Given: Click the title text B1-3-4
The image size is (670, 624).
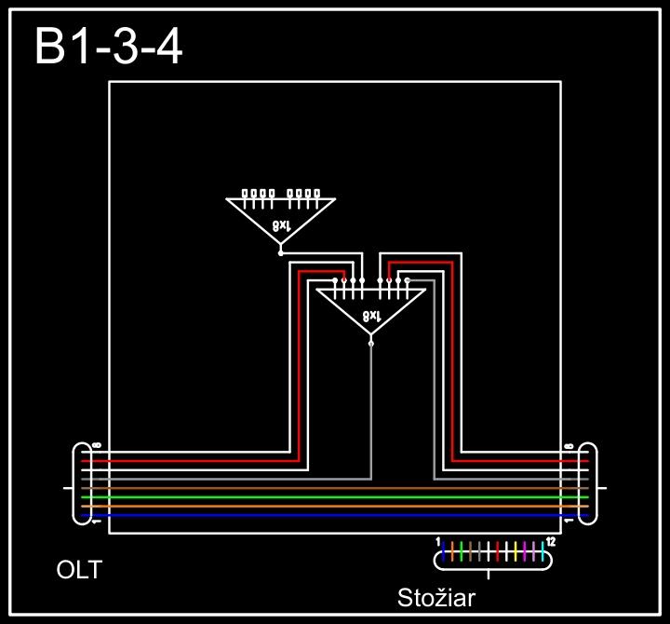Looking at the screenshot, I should [108, 47].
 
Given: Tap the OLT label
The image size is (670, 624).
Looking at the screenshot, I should [79, 569].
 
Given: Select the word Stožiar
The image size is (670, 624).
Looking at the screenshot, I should [436, 597].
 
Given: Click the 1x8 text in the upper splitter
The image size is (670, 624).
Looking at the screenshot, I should [281, 224].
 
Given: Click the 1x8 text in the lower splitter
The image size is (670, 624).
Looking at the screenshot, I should [371, 317].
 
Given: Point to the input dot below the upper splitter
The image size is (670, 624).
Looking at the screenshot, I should [281, 251].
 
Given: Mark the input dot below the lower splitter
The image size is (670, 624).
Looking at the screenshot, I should [371, 344].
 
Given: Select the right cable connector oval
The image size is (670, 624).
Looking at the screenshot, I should [587, 484].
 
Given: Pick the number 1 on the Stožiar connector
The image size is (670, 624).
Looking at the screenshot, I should [438, 541].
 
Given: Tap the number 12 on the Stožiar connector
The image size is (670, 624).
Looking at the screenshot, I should [551, 541].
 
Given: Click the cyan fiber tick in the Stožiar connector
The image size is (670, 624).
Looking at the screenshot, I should [542, 550].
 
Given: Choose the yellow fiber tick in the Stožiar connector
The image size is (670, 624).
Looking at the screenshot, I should [515, 550].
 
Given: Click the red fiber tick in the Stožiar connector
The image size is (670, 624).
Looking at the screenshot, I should [497, 550].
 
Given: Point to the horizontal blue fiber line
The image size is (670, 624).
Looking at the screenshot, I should [335, 514].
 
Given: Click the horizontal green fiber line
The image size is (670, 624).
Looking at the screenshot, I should [335, 496].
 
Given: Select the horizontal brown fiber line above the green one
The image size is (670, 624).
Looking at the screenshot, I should [335, 488].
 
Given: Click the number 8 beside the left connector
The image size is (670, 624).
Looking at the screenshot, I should [97, 446].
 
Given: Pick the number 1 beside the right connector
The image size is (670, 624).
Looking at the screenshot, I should [569, 522].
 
